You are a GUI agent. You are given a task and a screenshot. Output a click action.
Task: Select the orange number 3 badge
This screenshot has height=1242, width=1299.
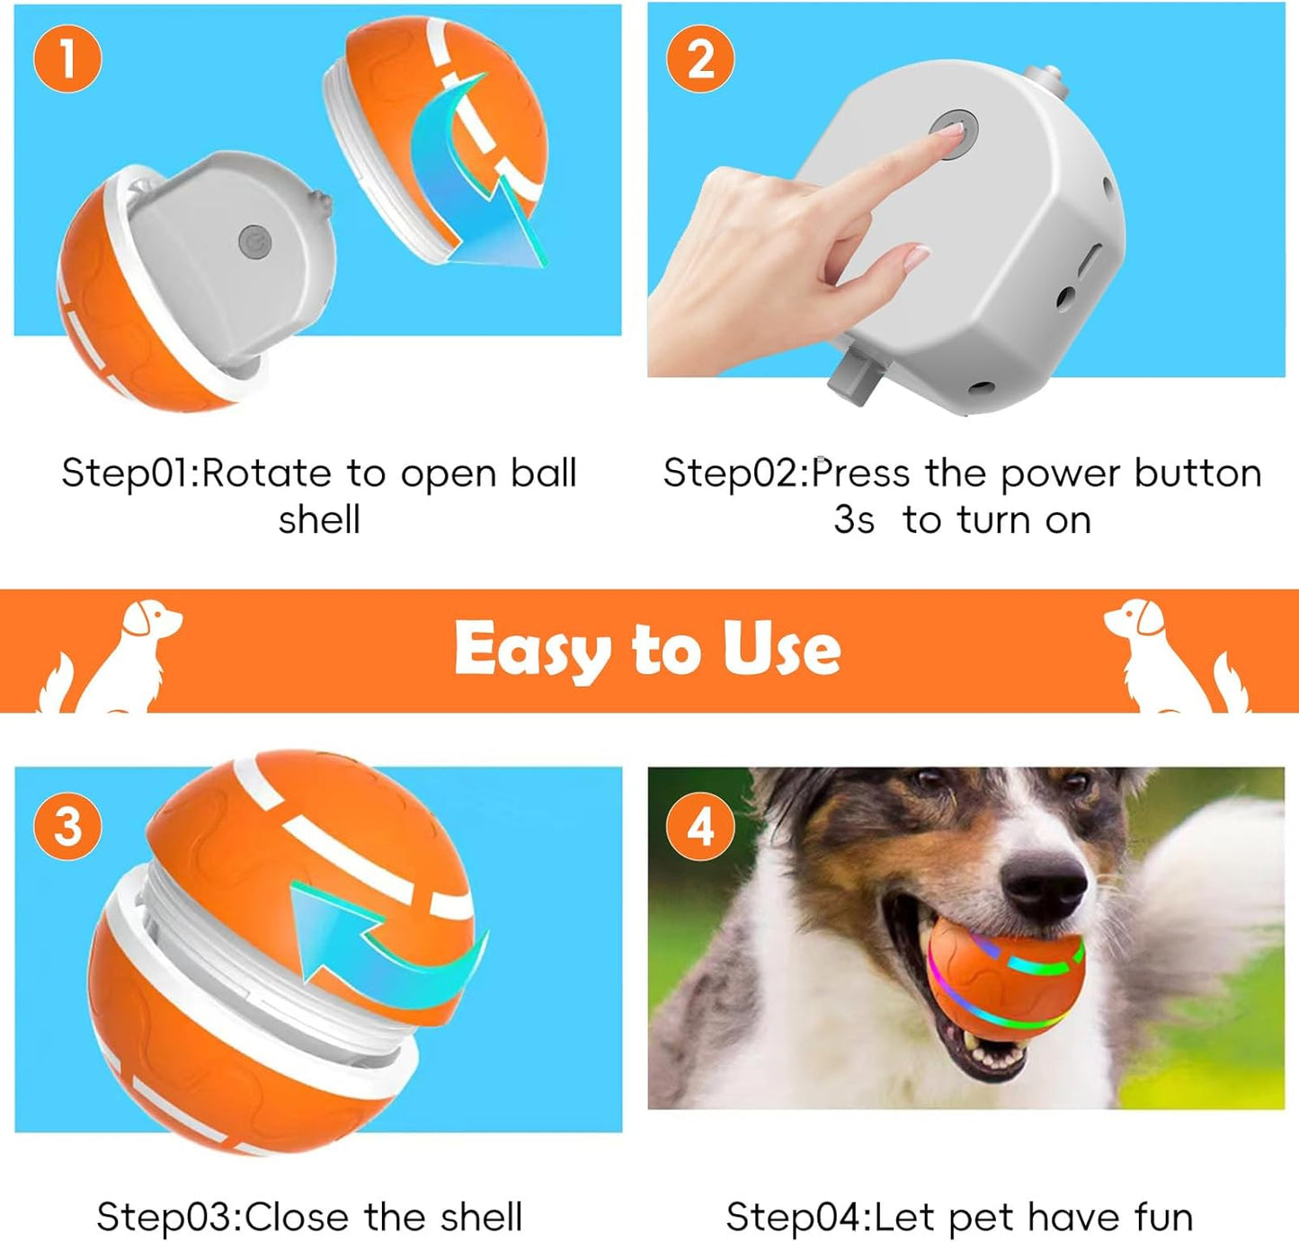[x=67, y=825]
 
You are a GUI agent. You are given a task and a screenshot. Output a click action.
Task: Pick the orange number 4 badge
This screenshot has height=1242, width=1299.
[x=700, y=825]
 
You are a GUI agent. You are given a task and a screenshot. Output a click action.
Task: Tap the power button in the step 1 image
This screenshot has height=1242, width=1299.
[x=254, y=241]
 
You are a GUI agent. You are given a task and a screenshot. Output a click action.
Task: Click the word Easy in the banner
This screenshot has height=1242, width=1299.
[x=530, y=649]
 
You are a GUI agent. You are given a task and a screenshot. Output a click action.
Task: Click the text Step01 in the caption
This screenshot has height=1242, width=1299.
[x=127, y=474]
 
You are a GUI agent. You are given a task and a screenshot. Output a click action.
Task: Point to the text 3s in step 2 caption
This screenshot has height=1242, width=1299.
[x=853, y=520]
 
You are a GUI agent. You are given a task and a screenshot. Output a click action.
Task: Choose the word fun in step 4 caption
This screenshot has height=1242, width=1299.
[x=1163, y=1218]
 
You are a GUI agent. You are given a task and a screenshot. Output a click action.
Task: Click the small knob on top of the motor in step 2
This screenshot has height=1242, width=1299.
[x=1045, y=82]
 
